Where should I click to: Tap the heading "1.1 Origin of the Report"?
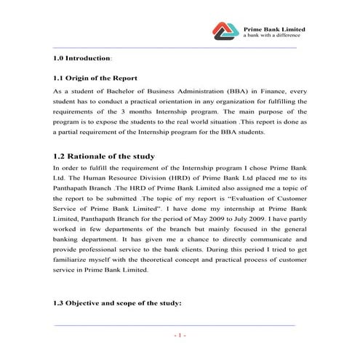(96, 78)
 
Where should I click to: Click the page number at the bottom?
(180, 336)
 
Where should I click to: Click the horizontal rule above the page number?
(175, 325)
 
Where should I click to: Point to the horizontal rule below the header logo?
(175, 47)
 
